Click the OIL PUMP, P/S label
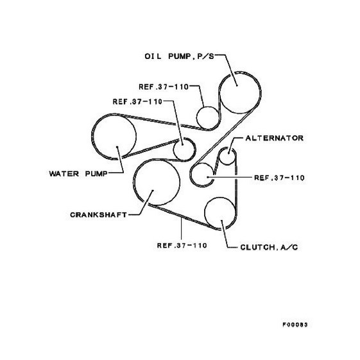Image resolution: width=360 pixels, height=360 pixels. click(179, 56)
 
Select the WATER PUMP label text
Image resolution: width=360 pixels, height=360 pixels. click(78, 173)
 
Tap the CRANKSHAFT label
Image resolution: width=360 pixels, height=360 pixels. click(98, 215)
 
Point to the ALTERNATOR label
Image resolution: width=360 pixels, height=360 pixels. click(275, 138)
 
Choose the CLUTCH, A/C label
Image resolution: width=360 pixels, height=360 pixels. click(269, 247)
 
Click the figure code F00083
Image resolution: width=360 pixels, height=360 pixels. click(295, 325)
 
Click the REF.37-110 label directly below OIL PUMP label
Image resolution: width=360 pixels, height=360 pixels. click(164, 87)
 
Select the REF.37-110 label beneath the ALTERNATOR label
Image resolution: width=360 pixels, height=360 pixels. click(279, 178)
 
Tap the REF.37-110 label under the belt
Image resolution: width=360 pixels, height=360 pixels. click(182, 245)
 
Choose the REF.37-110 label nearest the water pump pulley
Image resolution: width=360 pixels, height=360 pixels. click(137, 101)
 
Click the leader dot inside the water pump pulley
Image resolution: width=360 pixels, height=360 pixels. click(117, 147)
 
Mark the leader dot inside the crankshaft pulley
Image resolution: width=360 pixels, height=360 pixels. click(153, 191)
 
